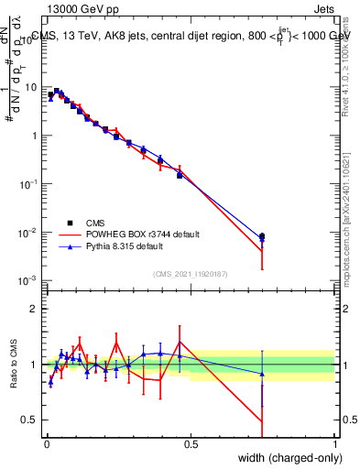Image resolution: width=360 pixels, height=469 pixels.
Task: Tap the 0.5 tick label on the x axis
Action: click(191, 444)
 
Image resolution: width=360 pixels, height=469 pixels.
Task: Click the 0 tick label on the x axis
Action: click(47, 444)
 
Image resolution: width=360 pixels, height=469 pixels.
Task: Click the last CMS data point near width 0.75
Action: click(262, 236)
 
